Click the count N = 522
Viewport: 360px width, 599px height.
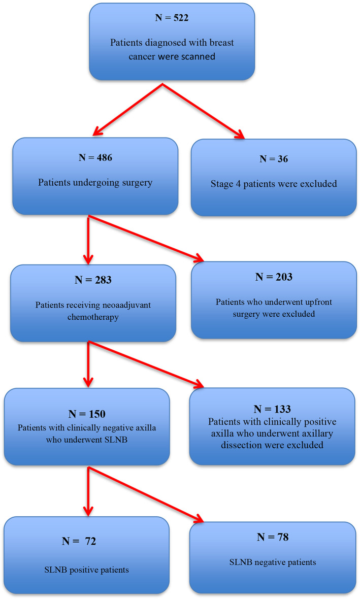click(x=172, y=18)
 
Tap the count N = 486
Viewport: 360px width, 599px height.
click(x=95, y=158)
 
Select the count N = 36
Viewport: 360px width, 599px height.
click(x=274, y=159)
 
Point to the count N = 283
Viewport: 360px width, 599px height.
click(x=93, y=280)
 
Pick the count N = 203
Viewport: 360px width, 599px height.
click(x=274, y=277)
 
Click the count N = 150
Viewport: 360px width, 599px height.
click(x=87, y=414)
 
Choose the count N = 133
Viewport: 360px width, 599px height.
click(x=272, y=410)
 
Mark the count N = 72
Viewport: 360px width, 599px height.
click(x=79, y=541)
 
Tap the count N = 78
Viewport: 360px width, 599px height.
click(x=273, y=537)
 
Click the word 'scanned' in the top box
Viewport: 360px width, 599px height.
click(x=198, y=56)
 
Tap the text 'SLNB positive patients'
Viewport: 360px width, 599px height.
click(x=86, y=570)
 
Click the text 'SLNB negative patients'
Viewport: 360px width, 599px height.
click(x=273, y=562)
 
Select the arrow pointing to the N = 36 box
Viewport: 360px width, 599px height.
click(x=204, y=111)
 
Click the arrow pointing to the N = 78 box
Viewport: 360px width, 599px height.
click(x=146, y=495)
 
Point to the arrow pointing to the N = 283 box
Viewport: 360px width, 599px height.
click(x=88, y=240)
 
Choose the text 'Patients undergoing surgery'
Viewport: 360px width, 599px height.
click(x=95, y=183)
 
